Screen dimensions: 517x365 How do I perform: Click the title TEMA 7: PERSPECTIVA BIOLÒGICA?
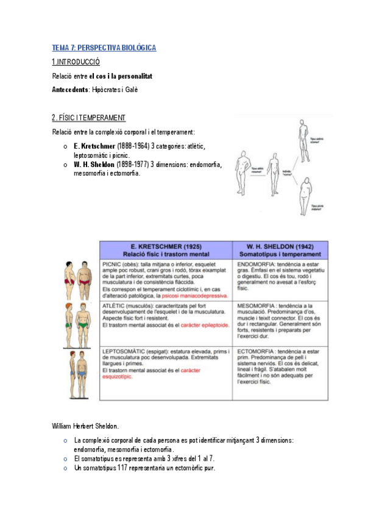click(104, 48)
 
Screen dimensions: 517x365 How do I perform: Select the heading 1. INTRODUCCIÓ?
click(76, 62)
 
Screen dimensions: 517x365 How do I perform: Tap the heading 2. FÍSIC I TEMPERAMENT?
click(89, 118)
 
